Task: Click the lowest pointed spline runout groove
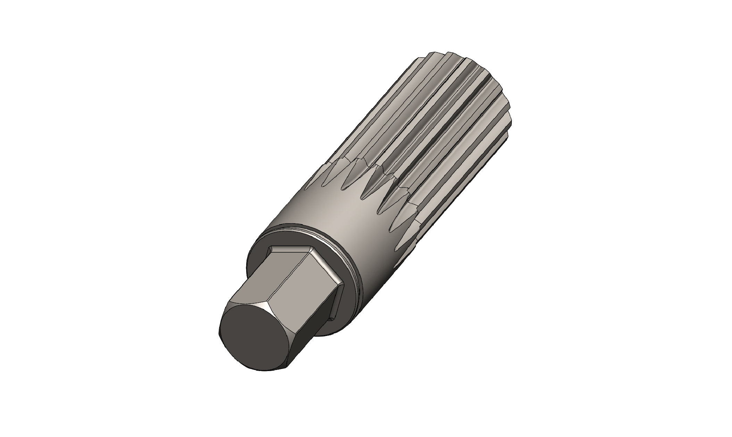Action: coord(399,226)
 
